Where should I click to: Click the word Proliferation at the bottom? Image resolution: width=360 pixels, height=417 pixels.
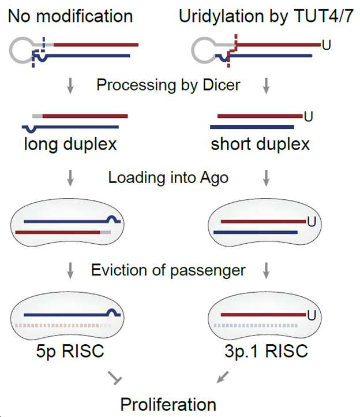[x=168, y=404]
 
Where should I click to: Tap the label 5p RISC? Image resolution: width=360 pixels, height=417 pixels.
[x=70, y=351]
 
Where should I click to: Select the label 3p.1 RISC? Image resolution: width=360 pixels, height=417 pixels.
[x=266, y=351]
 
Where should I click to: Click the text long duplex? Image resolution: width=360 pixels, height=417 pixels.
[x=70, y=144]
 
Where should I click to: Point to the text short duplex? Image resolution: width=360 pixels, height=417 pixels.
[x=260, y=144]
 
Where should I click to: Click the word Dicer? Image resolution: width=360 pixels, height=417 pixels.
[x=222, y=85]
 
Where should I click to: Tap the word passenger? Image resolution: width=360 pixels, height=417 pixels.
[x=208, y=271]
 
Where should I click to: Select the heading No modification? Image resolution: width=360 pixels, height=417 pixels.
[x=70, y=16]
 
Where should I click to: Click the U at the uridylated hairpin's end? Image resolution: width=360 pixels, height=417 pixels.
[x=327, y=45]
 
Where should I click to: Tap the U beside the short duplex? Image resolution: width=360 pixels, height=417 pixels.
[x=309, y=117]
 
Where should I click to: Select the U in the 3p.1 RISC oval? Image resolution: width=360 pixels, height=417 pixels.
[x=312, y=315]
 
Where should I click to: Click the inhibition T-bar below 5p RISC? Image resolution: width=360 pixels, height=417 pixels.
[x=115, y=378]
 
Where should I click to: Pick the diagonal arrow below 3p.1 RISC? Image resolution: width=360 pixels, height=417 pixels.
[x=222, y=377]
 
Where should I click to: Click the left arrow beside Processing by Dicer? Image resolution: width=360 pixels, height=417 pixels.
[x=70, y=85]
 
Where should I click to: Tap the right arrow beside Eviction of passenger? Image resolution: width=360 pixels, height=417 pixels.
[x=266, y=270]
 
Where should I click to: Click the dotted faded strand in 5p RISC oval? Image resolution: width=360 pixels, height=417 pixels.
[x=63, y=326]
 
